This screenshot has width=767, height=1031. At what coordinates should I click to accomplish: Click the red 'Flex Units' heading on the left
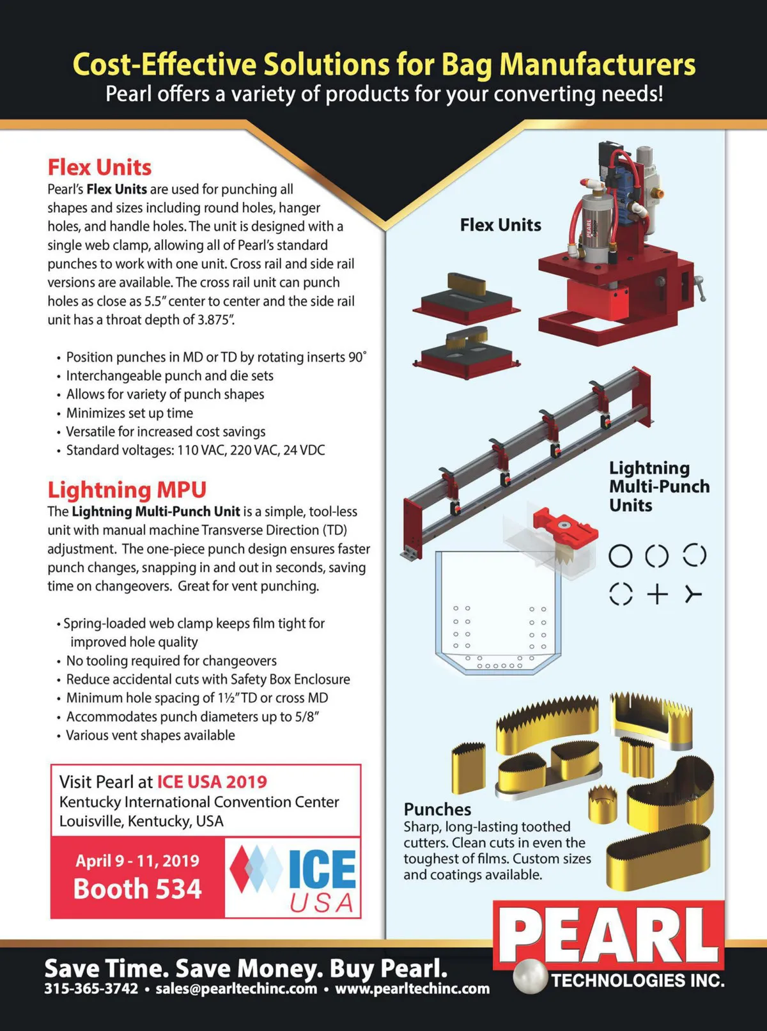click(x=99, y=167)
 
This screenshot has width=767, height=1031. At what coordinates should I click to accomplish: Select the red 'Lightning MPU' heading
click(x=127, y=490)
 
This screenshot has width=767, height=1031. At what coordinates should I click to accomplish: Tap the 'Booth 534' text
click(x=137, y=889)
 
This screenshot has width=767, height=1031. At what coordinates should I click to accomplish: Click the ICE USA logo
click(x=293, y=878)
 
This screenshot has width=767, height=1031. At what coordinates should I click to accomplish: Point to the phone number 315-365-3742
click(x=91, y=989)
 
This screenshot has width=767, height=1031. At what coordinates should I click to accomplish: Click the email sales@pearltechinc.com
click(x=236, y=989)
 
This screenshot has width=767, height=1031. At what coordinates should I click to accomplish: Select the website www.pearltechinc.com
click(x=412, y=989)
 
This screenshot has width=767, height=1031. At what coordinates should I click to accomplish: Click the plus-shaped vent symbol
click(x=657, y=594)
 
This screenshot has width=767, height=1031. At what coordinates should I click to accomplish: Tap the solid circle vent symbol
click(x=620, y=556)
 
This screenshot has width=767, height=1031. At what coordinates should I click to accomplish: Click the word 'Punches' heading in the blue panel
click(x=437, y=809)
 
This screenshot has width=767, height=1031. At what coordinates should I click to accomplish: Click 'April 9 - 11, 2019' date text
click(x=137, y=860)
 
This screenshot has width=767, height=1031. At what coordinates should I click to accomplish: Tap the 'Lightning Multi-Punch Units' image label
click(x=658, y=486)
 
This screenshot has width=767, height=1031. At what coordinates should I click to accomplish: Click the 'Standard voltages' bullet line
click(x=195, y=450)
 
